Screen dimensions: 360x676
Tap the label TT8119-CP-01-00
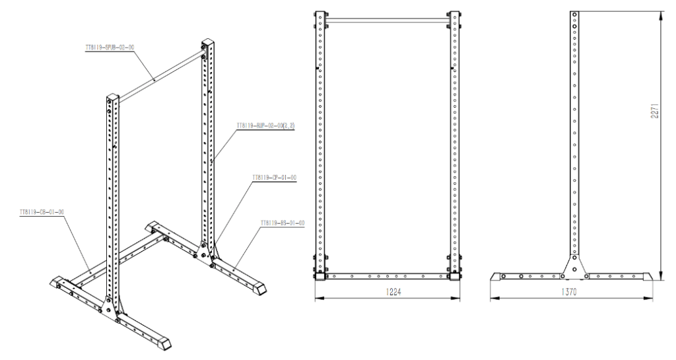273,178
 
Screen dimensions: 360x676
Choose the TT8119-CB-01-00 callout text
42,213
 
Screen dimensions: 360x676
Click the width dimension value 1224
387,291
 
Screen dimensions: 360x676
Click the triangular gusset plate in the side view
574,266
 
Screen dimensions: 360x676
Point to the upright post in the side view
574,132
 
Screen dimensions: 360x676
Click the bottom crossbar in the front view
387,276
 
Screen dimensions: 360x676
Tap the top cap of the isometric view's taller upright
207,46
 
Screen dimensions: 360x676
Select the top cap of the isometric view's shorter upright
112,100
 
